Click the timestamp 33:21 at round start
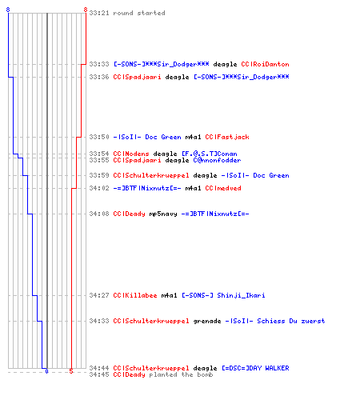[x=99, y=13]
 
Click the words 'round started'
[x=139, y=13]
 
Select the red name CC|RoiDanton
[x=265, y=64]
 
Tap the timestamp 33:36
[x=99, y=77]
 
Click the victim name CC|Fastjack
[x=227, y=137]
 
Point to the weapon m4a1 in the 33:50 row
[x=193, y=137]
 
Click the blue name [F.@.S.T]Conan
[x=210, y=154]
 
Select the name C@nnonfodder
[x=217, y=160]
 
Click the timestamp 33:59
[x=99, y=175]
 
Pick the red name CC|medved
[x=223, y=188]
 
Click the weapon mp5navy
[x=163, y=214]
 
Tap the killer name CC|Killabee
[x=135, y=295]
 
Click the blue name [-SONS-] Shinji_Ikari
[x=223, y=295]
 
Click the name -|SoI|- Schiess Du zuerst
[x=275, y=321]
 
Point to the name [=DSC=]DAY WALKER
[x=255, y=368]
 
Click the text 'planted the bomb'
[x=181, y=374]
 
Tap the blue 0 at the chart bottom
[x=46, y=371]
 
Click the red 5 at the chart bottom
[x=71, y=371]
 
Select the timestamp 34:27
[x=99, y=295]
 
